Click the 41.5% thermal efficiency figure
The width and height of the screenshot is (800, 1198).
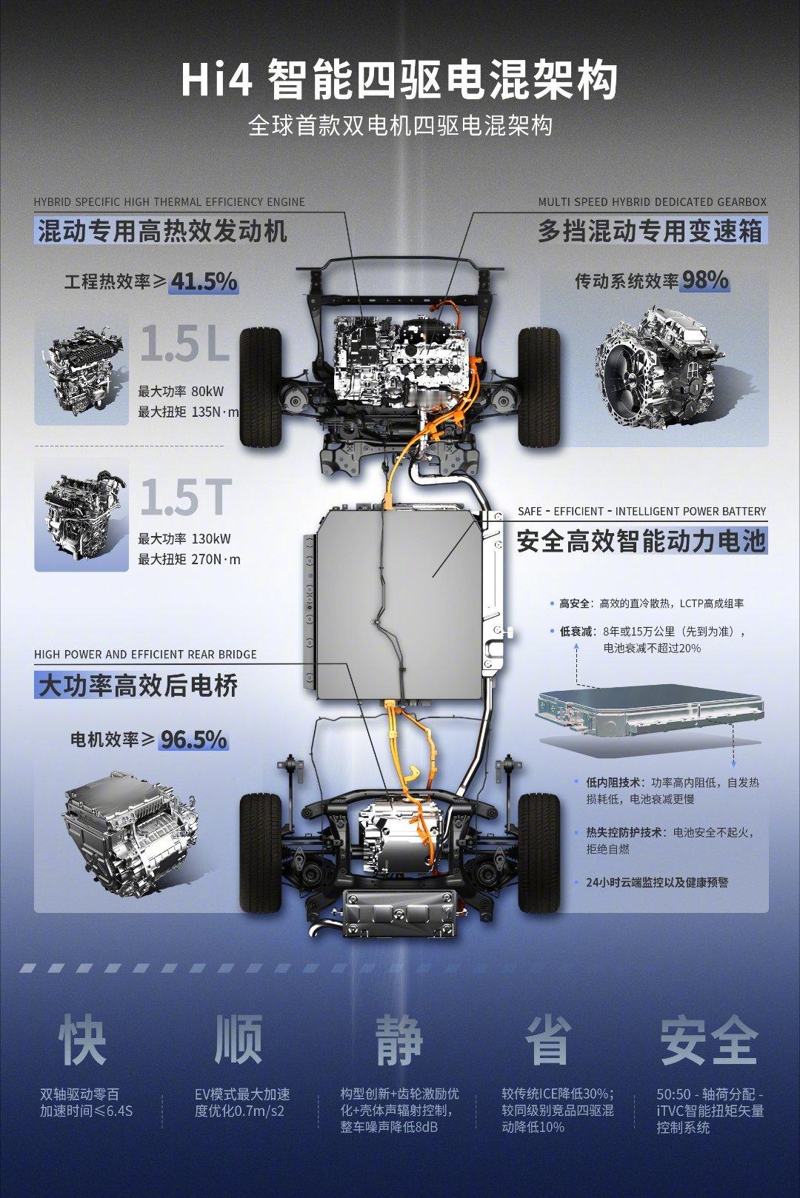[x=204, y=282]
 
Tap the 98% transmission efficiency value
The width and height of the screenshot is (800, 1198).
[x=704, y=280]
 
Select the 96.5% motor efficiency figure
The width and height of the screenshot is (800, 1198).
[x=194, y=740]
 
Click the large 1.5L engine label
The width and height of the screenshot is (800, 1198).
[x=185, y=343]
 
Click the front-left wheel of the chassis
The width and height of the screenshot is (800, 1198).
[x=261, y=388]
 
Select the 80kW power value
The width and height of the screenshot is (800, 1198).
[x=207, y=392]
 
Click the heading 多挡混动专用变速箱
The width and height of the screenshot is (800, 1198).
[x=650, y=232]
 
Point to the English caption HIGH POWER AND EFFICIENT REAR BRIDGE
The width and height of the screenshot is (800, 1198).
[x=145, y=654]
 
